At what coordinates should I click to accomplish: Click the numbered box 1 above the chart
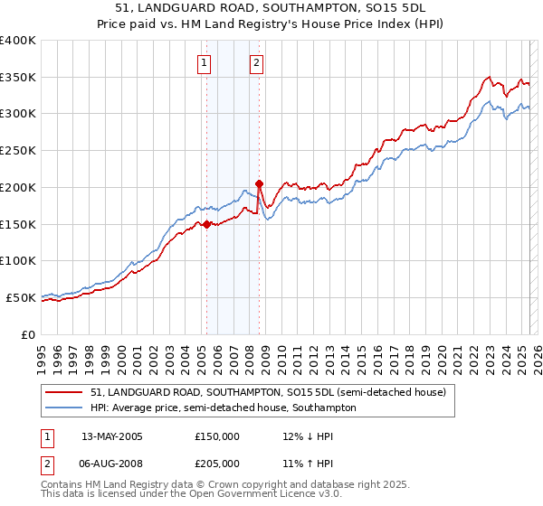pyautogui.click(x=205, y=63)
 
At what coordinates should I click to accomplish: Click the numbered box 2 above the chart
pyautogui.click(x=257, y=63)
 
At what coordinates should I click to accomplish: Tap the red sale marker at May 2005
pyautogui.click(x=206, y=224)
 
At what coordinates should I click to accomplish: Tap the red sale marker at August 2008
pyautogui.click(x=259, y=183)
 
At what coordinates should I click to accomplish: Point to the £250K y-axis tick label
pyautogui.click(x=18, y=151)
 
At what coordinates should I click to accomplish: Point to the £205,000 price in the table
pyautogui.click(x=217, y=463)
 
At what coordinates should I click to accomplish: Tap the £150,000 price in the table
pyautogui.click(x=217, y=436)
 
